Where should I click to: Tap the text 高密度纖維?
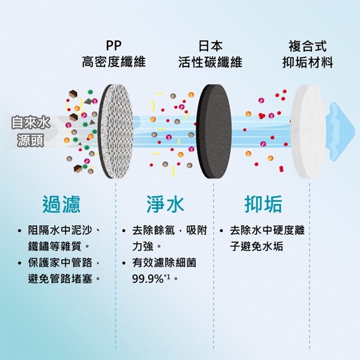[x=114, y=62]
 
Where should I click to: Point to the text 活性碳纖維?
[x=211, y=62]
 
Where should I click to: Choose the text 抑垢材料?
[x=307, y=62]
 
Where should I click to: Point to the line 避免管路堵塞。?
[x=64, y=278]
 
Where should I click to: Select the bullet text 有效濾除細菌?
[x=165, y=263]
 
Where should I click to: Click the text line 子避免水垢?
[x=256, y=246]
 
